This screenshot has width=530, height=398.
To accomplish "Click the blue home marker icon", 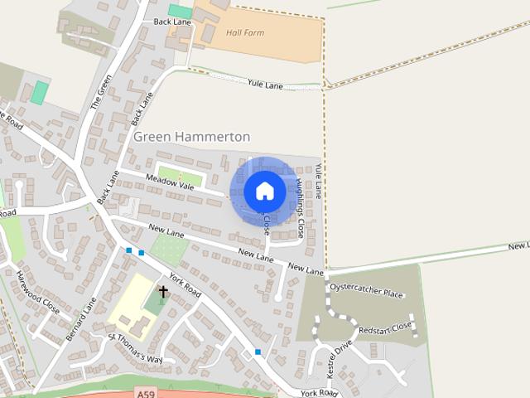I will coord(264,192).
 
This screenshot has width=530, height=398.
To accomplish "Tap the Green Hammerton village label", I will coord(191,136).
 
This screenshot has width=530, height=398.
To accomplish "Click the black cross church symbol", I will coord(163,292).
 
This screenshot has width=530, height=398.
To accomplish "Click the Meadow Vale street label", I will coord(169,182).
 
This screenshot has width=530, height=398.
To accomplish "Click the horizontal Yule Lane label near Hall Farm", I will coord(267,84).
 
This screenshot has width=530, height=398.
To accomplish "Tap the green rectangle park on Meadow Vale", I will coord(180,176).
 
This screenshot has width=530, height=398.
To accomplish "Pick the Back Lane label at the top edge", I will coord(172,22).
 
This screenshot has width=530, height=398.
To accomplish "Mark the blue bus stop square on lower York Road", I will coord(258,352).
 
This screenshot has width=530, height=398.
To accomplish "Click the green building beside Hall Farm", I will coord(180,12).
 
